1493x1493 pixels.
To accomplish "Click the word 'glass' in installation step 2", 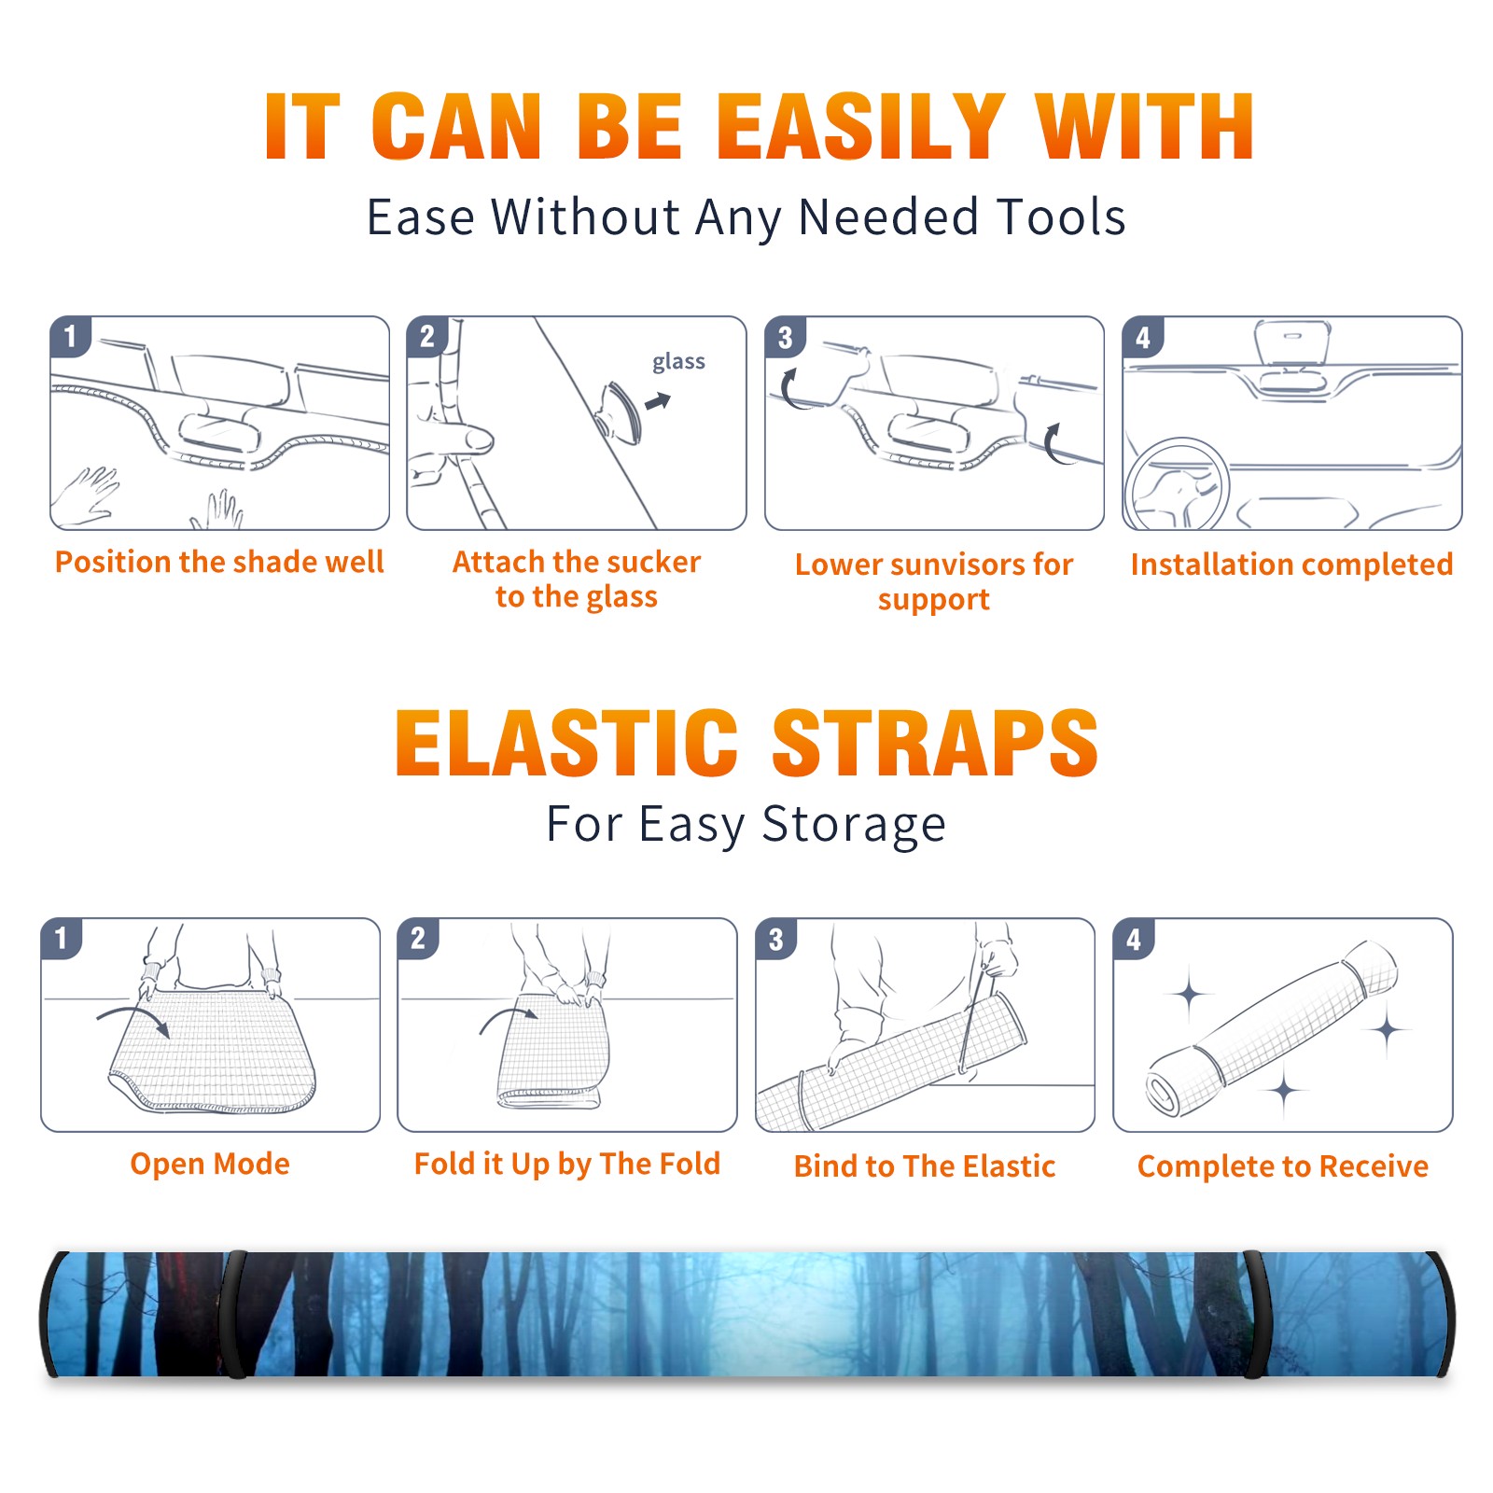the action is (x=678, y=362).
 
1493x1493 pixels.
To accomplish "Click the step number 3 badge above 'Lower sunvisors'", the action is (x=785, y=337).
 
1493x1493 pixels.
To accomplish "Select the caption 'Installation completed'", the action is (x=1291, y=565).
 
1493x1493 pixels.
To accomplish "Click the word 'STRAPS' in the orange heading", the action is (x=935, y=743).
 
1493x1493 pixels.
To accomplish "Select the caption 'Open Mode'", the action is (x=210, y=1165).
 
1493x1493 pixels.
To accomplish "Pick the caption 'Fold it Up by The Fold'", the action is (x=567, y=1165).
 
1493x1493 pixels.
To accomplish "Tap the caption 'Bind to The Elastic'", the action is (x=925, y=1166).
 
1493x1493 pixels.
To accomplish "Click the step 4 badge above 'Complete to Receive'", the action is (x=1134, y=939).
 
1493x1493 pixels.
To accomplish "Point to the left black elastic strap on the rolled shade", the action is (x=233, y=1314).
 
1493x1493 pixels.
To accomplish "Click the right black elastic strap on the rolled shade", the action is (x=1255, y=1314).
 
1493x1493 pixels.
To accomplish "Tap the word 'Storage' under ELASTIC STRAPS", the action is (x=854, y=826).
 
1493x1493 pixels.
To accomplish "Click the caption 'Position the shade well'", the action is (x=219, y=563).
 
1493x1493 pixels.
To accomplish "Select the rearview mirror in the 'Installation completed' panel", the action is (x=1292, y=343).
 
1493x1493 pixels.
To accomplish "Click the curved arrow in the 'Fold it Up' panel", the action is (x=509, y=1019).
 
